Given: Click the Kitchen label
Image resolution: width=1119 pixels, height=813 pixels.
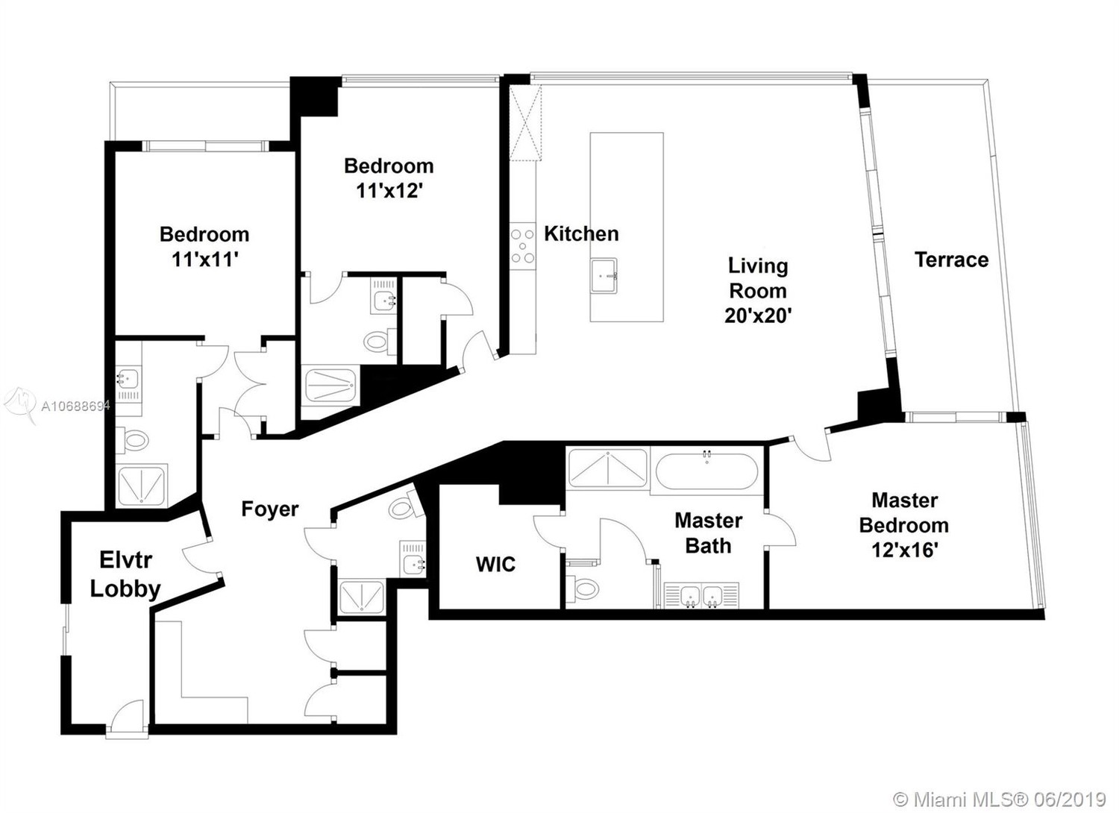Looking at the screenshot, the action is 581,233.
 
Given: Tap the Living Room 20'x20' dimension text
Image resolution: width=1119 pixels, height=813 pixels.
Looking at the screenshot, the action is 758,316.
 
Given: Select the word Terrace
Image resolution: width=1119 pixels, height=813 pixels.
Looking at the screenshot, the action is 951,260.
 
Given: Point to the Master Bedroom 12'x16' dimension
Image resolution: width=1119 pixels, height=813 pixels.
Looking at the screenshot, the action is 904,550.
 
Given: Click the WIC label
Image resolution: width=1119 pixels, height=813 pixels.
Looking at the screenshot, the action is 495,565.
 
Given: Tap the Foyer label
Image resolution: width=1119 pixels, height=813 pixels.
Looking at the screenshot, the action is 270,509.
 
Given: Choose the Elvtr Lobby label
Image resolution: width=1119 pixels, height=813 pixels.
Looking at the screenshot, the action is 125,574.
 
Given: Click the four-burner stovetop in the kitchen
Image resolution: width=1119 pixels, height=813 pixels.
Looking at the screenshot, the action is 522,245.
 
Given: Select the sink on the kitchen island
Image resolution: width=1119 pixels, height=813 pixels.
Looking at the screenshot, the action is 604,276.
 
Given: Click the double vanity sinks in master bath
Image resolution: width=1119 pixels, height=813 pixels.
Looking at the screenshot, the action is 702,595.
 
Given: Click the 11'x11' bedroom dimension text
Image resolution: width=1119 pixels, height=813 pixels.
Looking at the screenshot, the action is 204,260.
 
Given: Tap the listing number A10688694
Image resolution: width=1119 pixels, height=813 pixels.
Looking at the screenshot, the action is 75,406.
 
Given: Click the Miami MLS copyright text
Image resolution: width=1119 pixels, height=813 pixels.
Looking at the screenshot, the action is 999,786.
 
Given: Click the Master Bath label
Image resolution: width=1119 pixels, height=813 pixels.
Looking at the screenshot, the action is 709,533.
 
